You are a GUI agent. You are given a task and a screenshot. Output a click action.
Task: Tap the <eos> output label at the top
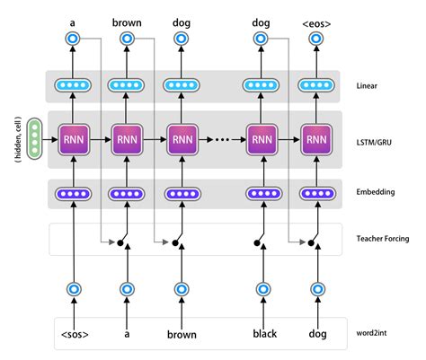point(316,20)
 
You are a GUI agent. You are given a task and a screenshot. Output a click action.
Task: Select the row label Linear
point(369,85)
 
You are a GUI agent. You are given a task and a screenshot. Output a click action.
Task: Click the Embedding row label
point(375,192)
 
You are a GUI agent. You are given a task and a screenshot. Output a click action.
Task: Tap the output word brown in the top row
point(127,20)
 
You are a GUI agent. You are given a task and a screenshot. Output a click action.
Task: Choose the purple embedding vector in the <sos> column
point(72,192)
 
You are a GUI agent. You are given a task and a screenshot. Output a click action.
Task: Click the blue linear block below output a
point(72,85)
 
